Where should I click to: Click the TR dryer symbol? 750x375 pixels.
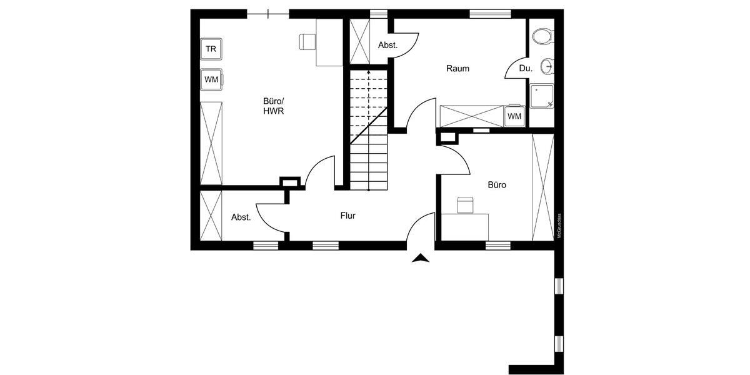[x=211, y=48]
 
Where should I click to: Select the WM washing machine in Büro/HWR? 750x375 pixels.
[x=211, y=79]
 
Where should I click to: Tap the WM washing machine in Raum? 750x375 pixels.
[x=514, y=116]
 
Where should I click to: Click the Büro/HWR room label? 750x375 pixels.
[x=274, y=106]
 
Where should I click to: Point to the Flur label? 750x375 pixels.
[x=348, y=216]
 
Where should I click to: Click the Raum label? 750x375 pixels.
[x=457, y=68]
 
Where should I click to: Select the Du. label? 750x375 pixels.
[x=526, y=69]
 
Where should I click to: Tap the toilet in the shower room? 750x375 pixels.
[x=542, y=36]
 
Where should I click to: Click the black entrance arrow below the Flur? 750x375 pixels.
[x=421, y=259]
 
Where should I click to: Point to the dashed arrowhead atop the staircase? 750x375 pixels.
[x=368, y=72]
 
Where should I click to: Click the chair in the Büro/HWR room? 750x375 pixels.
[x=307, y=41]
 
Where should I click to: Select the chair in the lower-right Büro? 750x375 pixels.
[x=465, y=204]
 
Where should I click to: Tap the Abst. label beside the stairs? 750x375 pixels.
[x=387, y=45]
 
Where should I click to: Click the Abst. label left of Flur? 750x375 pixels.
[x=241, y=217]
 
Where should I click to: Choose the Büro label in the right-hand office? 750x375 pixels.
[x=496, y=185]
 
